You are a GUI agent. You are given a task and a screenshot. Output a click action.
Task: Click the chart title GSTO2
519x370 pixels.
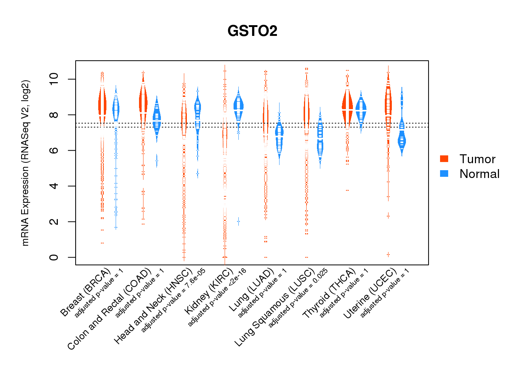[252, 31]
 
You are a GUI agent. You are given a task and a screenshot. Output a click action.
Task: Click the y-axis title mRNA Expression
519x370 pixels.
[25, 163]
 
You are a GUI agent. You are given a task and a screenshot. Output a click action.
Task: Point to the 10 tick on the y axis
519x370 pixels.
[54, 79]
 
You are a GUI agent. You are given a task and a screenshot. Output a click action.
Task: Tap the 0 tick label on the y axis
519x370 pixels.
[54, 257]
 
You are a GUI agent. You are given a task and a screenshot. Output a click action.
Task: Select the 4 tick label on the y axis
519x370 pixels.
[54, 186]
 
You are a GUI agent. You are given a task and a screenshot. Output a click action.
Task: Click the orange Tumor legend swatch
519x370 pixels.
[444, 159]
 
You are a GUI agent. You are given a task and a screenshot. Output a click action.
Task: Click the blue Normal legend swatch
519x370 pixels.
[444, 174]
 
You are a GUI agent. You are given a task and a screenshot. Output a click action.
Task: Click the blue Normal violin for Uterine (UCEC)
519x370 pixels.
[401, 141]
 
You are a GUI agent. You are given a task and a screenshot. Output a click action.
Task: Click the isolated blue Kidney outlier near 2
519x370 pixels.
[238, 221]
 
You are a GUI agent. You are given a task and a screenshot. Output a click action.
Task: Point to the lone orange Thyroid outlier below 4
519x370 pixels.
[347, 190]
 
